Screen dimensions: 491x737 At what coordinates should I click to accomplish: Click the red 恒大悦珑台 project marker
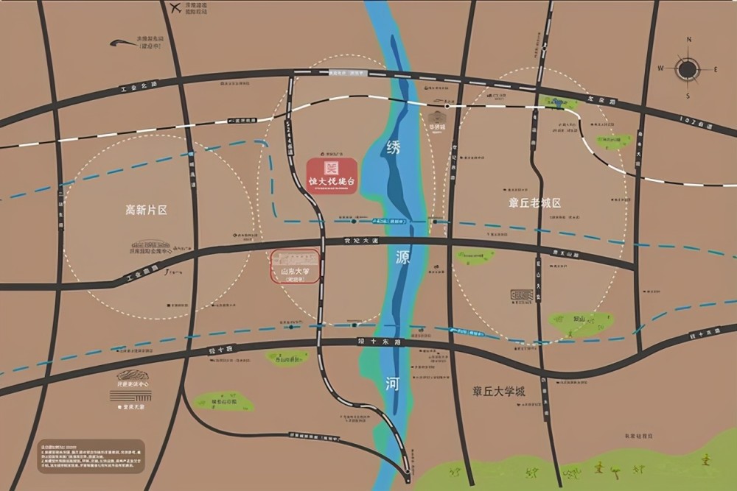332,175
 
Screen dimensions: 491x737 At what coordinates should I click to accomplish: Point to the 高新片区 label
146,210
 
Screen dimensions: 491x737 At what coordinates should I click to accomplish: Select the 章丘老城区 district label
535,202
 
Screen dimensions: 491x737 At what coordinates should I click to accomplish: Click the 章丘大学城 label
500,392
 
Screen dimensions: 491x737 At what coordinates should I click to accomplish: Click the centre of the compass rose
687,69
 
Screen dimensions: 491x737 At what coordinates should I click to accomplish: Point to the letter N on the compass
688,40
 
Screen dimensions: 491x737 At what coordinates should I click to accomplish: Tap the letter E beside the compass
715,69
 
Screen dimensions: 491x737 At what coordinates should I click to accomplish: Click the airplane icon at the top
175,9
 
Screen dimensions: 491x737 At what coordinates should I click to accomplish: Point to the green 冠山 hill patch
581,322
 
